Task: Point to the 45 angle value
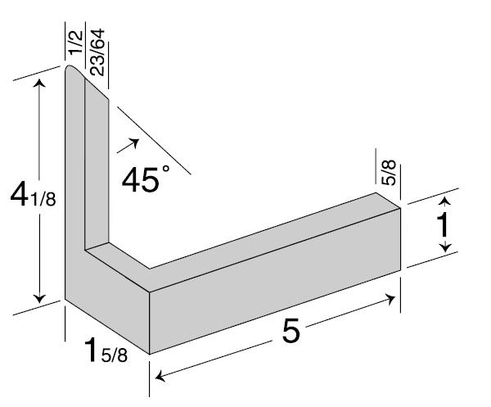pos(139,179)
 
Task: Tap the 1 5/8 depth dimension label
pos(106,351)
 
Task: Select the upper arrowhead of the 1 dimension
pos(444,199)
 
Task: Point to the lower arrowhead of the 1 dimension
pos(444,249)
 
